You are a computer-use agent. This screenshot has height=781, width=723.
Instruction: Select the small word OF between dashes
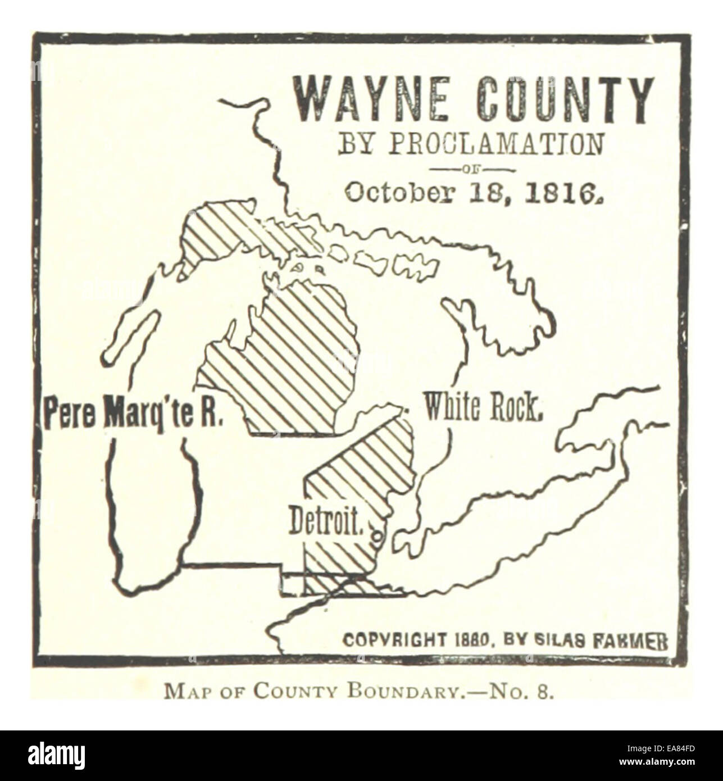471,169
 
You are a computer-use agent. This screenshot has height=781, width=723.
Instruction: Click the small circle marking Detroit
377,537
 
